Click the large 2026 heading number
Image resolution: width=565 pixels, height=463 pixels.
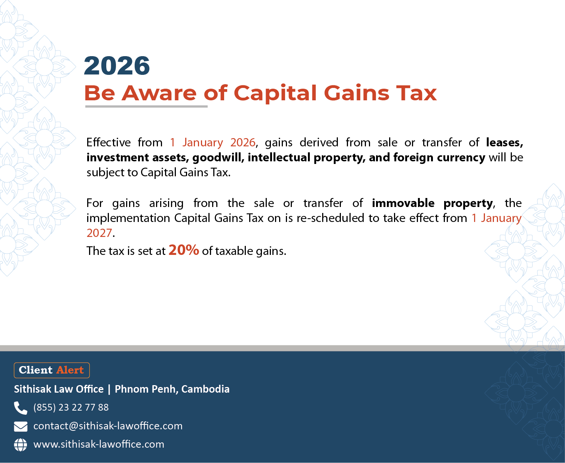pyautogui.click(x=117, y=66)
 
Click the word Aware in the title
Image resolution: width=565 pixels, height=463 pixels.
pyautogui.click(x=159, y=93)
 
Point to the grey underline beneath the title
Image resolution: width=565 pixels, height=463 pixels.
pyautogui.click(x=146, y=106)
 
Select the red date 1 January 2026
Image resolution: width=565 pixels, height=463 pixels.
pyautogui.click(x=213, y=142)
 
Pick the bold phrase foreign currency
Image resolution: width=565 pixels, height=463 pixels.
pyautogui.click(x=439, y=158)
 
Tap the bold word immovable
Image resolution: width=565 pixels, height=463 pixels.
pyautogui.click(x=403, y=203)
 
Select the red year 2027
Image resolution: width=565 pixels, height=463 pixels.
pyautogui.click(x=99, y=233)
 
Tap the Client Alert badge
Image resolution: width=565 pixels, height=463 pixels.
pyautogui.click(x=52, y=370)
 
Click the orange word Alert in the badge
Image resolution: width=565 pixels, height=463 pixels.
pyautogui.click(x=70, y=370)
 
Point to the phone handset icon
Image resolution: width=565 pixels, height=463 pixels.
pyautogui.click(x=21, y=408)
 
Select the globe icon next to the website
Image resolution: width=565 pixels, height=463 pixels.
pyautogui.click(x=21, y=445)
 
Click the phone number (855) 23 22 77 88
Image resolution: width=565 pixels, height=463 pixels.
pyautogui.click(x=71, y=408)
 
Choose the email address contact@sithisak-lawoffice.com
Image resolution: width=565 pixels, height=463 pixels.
pyautogui.click(x=108, y=426)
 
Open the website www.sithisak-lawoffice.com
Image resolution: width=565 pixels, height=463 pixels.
pyautogui.click(x=99, y=444)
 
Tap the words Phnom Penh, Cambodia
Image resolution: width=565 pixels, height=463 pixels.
pyautogui.click(x=172, y=389)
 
